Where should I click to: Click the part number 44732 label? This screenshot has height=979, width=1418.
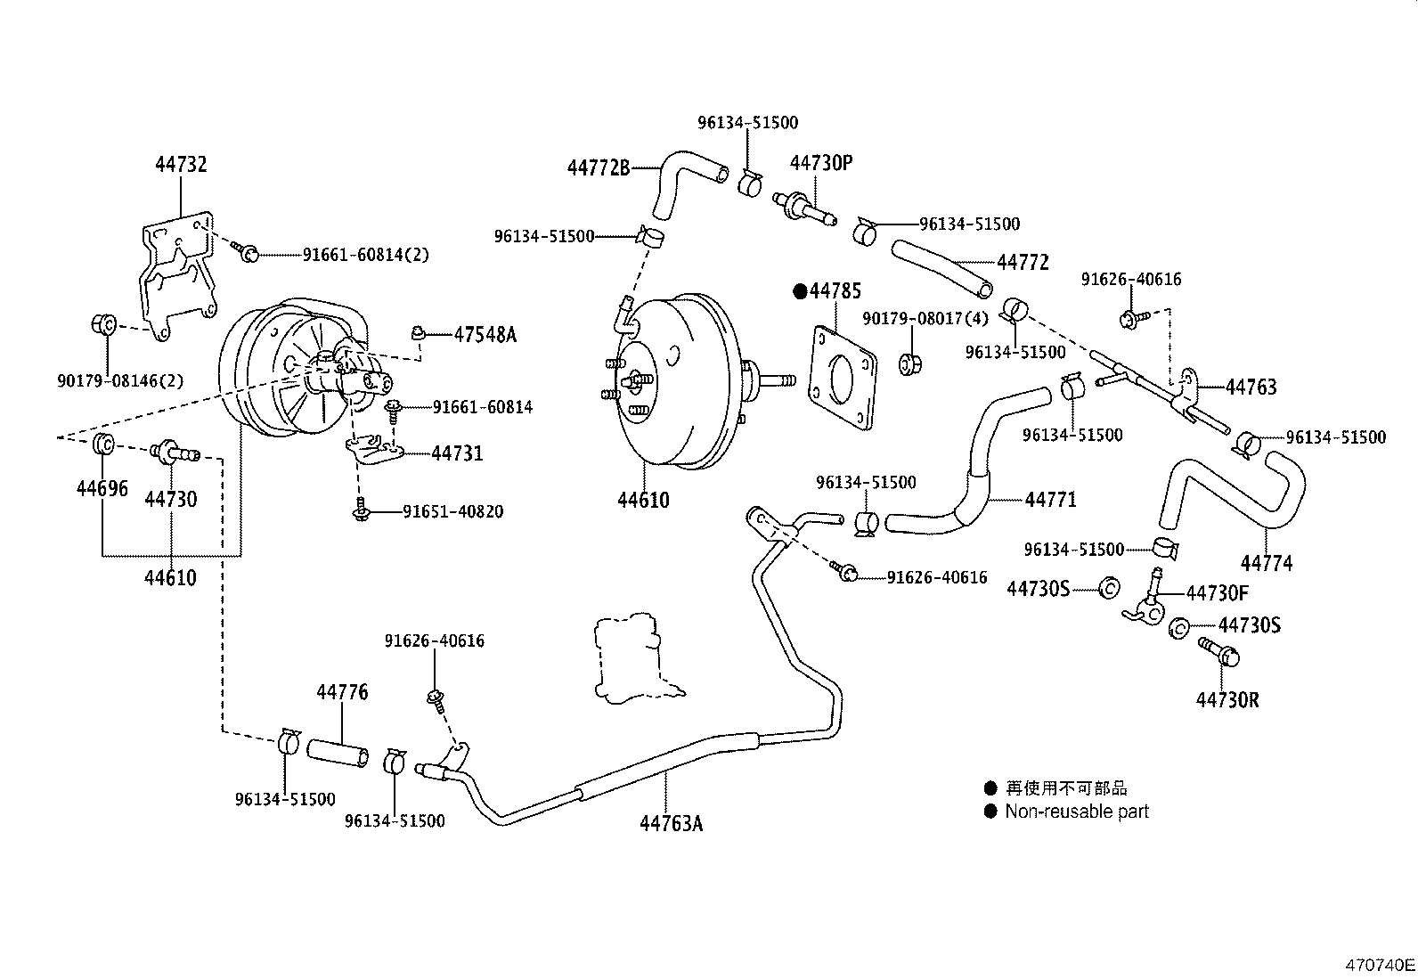click(181, 164)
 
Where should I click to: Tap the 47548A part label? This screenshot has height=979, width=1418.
click(485, 335)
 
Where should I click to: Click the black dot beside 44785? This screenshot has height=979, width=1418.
click(800, 291)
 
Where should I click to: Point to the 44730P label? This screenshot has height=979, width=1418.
click(821, 163)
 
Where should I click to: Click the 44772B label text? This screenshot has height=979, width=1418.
click(599, 167)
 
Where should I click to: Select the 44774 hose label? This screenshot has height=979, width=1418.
click(1267, 563)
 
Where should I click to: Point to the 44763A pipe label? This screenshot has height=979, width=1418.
click(671, 823)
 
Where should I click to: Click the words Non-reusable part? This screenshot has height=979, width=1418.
click(1077, 812)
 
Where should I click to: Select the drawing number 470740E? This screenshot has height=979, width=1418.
click(1379, 965)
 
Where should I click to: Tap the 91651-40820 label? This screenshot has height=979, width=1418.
click(452, 512)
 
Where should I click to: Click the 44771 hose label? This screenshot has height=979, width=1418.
click(1050, 500)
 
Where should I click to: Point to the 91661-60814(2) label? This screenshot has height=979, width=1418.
click(365, 255)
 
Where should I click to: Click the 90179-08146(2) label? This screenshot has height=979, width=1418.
click(118, 380)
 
